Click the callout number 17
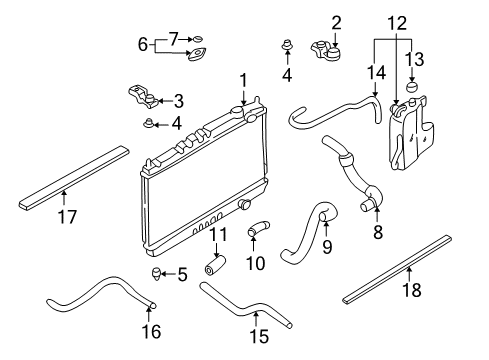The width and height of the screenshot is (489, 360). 67,216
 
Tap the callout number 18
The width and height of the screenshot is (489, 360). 412,289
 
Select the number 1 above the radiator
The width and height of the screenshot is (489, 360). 244,81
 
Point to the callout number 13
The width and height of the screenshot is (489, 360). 414,59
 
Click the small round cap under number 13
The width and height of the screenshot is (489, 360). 412,87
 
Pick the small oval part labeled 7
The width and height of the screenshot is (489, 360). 198,39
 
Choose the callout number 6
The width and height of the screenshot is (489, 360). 143,44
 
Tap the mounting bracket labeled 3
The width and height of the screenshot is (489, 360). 143,97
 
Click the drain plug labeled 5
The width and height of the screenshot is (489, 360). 157,274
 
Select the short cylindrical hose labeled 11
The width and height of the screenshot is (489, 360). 214,266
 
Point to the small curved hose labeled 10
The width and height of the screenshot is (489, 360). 258,229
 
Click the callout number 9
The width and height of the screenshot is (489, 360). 327,247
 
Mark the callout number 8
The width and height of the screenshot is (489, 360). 378,232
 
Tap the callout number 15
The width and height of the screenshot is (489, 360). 259,336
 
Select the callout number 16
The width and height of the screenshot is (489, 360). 151,331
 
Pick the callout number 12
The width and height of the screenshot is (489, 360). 397,24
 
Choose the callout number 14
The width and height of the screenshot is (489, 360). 376,73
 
